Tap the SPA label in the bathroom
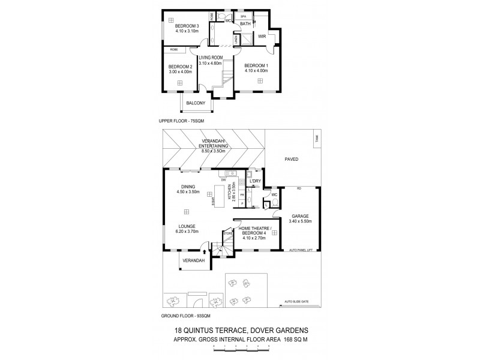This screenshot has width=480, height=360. tap(244, 17)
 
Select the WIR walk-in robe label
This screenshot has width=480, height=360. tap(262, 37)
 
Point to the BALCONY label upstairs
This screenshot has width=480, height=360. tap(196, 103)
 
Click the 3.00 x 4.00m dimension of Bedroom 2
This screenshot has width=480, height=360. tap(179, 72)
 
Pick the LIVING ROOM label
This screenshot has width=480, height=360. tap(211, 58)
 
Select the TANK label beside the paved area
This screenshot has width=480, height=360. tap(316, 140)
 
